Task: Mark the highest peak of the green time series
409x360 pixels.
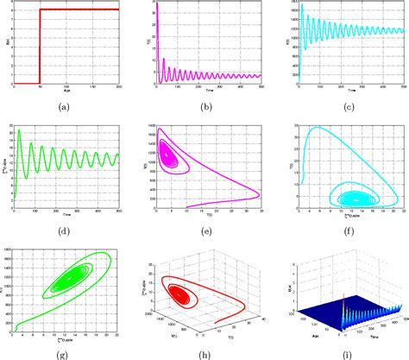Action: pyautogui.click(x=20, y=132)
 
